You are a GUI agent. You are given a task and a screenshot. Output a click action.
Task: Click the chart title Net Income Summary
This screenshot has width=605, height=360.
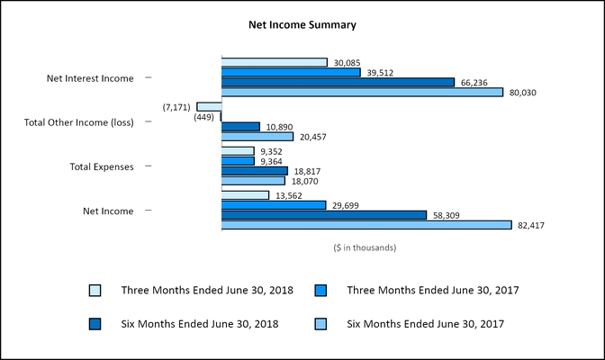(x=302, y=25)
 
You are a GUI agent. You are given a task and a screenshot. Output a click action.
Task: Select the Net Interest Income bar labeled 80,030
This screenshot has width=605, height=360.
(x=362, y=92)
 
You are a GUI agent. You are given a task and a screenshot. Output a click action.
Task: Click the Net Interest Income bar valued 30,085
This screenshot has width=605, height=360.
(x=275, y=63)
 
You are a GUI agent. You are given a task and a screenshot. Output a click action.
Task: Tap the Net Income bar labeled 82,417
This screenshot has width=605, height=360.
(x=366, y=225)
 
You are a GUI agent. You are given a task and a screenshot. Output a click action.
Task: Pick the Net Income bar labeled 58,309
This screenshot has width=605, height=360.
(x=324, y=215)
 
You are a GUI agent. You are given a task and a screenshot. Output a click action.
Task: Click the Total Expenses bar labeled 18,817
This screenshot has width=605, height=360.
(x=255, y=171)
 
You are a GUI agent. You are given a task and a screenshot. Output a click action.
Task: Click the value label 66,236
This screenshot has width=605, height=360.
(x=474, y=83)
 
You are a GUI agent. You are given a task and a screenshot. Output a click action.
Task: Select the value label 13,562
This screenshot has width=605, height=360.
(x=287, y=195)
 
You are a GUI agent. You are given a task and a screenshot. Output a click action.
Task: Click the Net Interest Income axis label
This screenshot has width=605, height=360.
(x=90, y=78)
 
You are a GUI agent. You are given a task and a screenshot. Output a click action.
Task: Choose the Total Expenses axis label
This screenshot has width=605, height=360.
(x=102, y=166)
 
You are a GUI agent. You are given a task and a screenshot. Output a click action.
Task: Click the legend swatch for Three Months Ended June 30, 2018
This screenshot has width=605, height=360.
(x=95, y=290)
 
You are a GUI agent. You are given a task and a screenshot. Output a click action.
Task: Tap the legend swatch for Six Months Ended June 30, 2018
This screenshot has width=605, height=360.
(x=95, y=322)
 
